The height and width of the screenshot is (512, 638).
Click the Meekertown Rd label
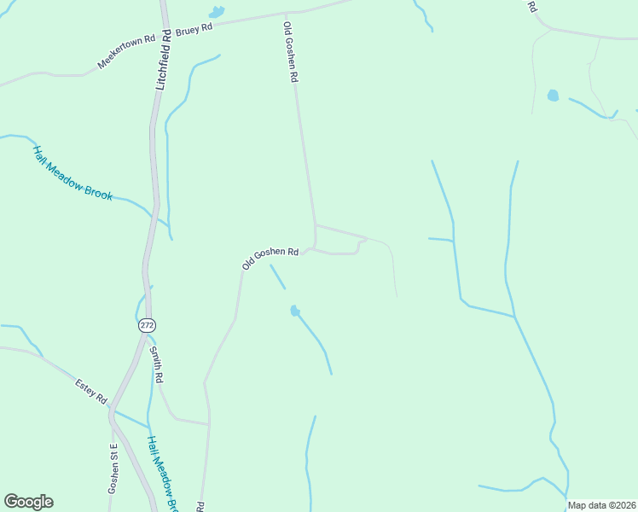(x=126, y=52)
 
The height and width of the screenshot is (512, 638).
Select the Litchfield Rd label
(x=165, y=58)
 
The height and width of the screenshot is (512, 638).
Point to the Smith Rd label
(x=156, y=364)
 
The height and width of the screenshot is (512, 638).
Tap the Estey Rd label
(x=90, y=391)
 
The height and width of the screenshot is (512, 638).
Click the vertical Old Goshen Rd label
(x=291, y=52)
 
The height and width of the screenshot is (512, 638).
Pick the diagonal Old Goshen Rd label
(x=270, y=258)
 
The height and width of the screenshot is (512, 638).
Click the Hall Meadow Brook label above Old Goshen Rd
(x=72, y=172)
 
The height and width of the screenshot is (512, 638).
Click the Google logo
(x=28, y=502)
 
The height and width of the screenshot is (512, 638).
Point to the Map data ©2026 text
(x=601, y=505)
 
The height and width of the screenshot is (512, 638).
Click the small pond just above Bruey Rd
(x=217, y=12)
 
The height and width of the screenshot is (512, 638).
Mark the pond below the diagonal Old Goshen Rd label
(x=295, y=311)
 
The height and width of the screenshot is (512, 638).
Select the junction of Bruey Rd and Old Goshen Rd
(x=286, y=14)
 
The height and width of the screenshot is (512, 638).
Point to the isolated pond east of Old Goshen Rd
(x=553, y=96)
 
